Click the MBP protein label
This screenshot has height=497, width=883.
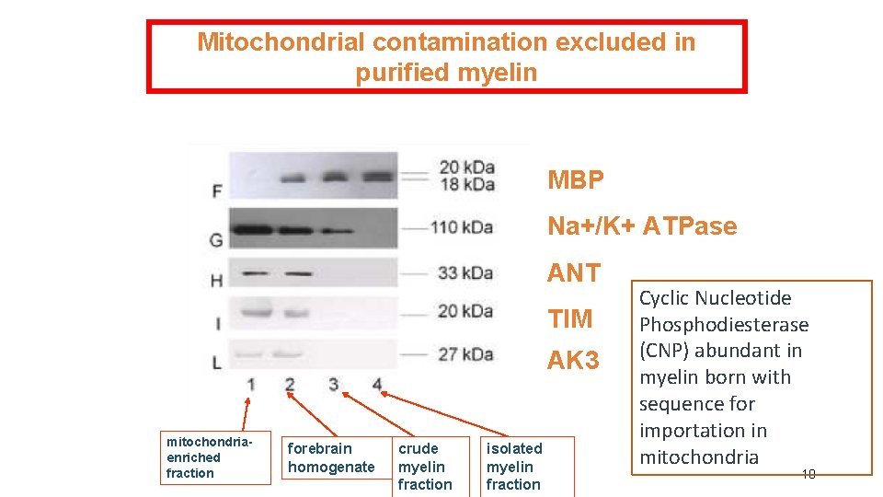pos(576,180)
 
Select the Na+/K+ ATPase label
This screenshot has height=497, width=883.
pos(642,226)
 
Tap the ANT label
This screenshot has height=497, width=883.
pos(573,272)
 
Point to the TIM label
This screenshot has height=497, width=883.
pos(570,319)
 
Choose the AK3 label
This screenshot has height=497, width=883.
pos(573,361)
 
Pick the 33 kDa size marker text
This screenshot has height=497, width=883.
pos(465,273)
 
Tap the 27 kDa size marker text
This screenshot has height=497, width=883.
pos(465,354)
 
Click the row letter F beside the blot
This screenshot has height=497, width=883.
pos(217,191)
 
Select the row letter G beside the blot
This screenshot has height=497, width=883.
pos(217,240)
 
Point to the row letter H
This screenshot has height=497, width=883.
pos(217,281)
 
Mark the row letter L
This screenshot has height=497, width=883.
pos(217,363)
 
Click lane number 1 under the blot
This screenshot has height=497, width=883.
pos(250,384)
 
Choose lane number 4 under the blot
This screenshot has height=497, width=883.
pos(377,384)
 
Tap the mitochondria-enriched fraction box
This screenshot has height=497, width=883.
pos(215,457)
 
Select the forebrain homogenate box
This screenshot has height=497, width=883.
pos(330,458)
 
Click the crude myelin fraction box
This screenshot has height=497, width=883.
pos(424,466)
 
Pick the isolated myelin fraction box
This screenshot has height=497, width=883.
pos(526,466)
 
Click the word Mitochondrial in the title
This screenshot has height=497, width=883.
pos(281,42)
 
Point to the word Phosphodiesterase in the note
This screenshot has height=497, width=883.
pos(724,325)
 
